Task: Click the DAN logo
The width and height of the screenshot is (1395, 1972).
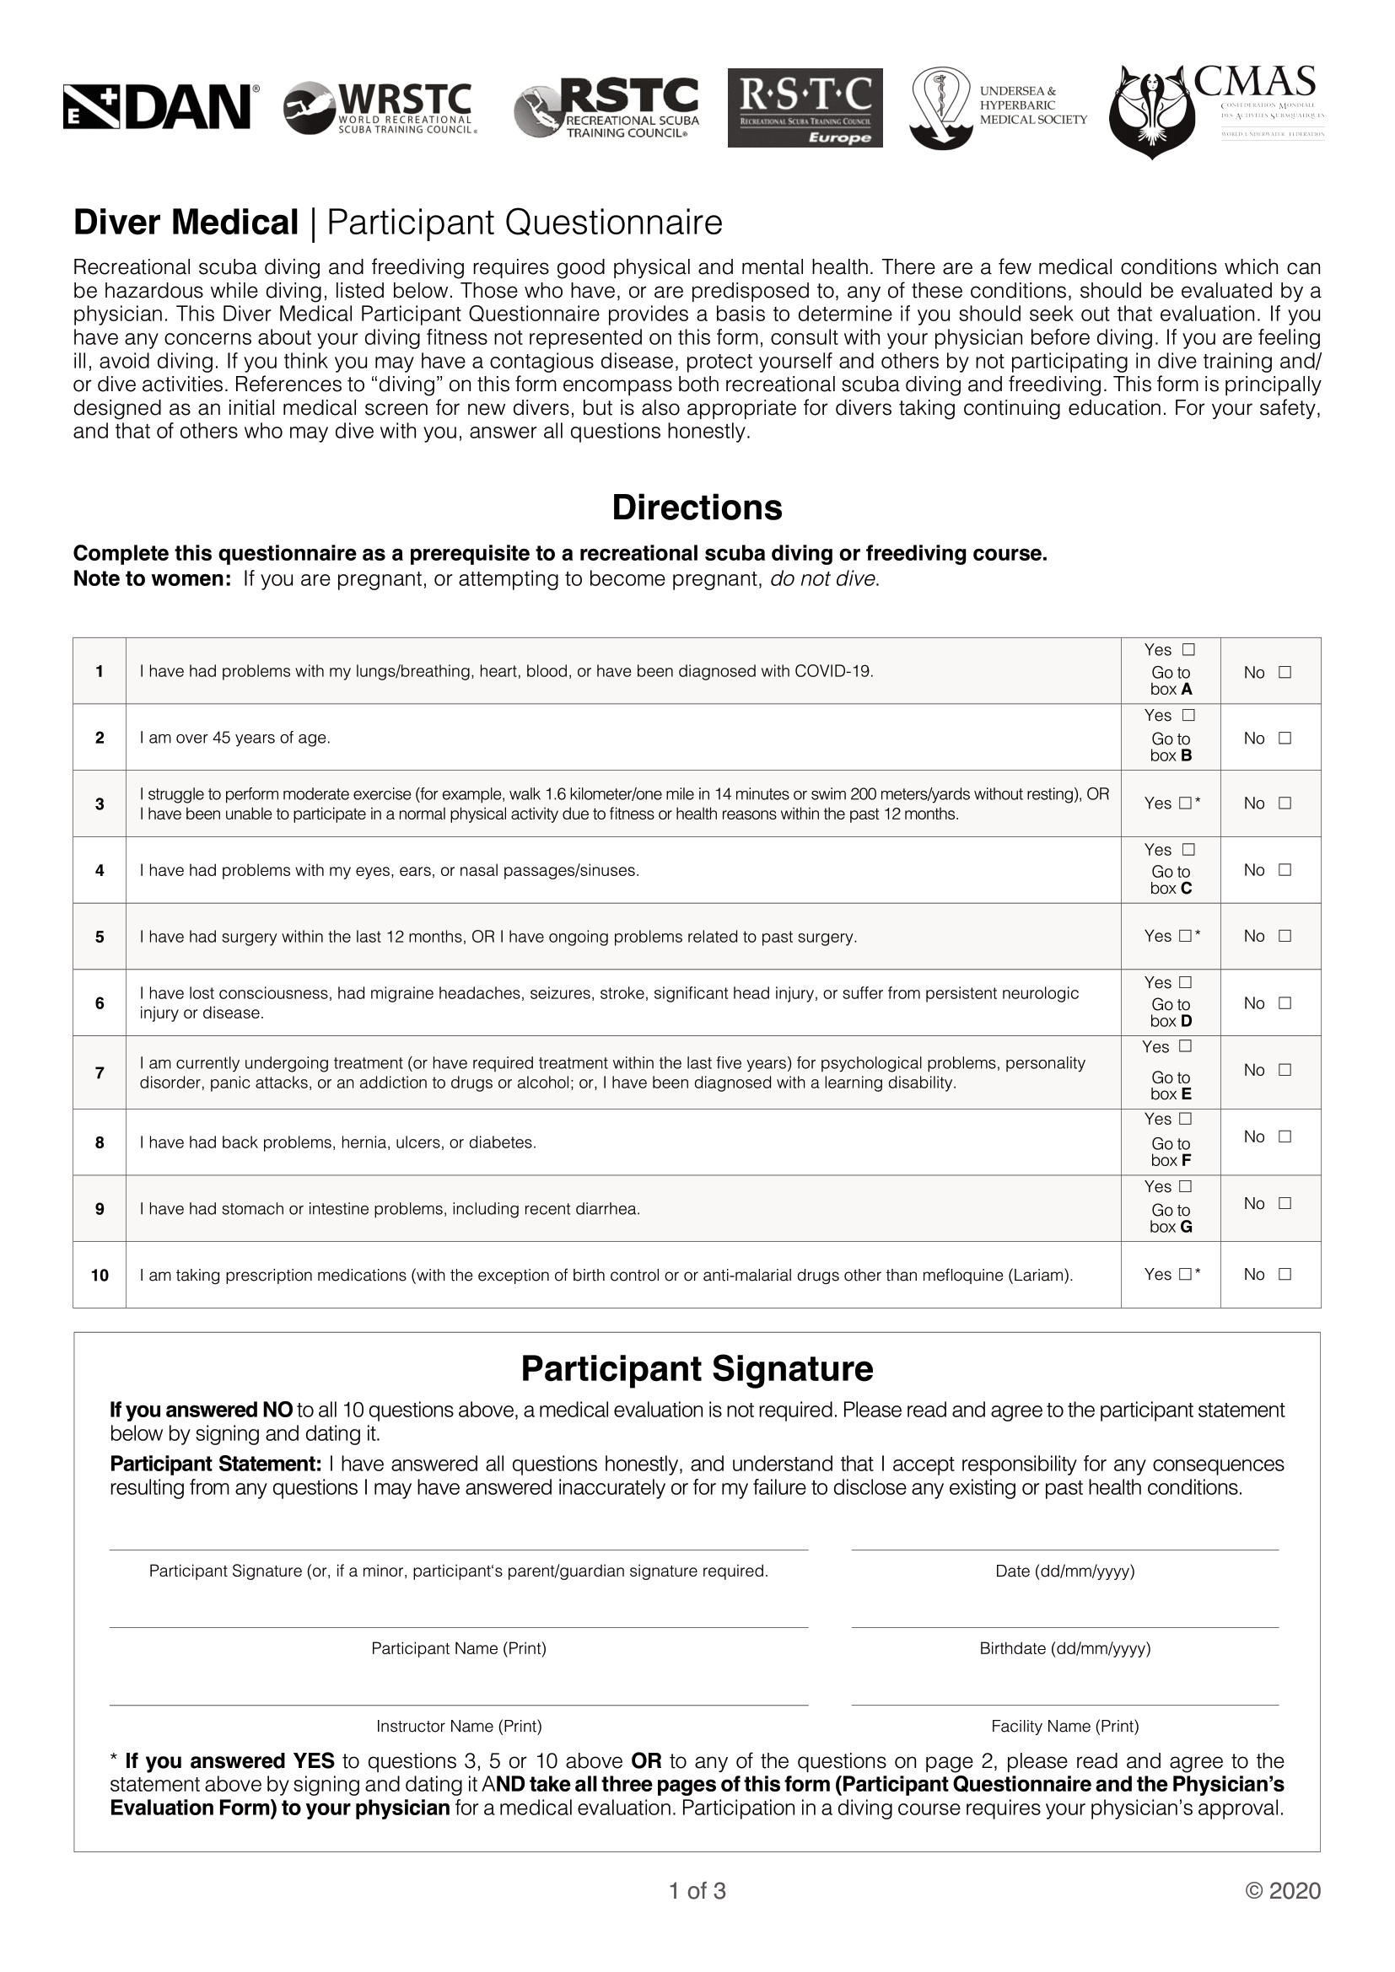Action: coord(161,107)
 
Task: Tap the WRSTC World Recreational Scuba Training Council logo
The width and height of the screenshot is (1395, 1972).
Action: coord(379,108)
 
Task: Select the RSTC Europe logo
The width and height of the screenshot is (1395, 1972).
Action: coord(805,107)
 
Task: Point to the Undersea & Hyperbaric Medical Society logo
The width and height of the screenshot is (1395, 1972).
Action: coord(999,107)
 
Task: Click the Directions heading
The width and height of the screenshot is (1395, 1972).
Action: coord(697,508)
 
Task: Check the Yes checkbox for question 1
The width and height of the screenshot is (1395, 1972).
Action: coord(1189,650)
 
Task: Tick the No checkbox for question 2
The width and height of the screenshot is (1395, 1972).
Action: coord(1285,738)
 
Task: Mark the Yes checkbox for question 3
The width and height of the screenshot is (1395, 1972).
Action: coord(1185,804)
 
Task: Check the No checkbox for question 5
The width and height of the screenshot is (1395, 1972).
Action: coord(1285,936)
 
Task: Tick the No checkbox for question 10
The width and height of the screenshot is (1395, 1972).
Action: coord(1285,1275)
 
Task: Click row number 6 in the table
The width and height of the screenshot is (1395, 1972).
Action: coord(100,1003)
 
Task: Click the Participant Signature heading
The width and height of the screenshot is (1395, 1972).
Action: coord(697,1369)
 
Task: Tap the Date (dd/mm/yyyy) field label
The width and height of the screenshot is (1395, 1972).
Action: coord(1065,1571)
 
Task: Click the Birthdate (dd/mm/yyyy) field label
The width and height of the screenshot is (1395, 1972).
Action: coord(1065,1648)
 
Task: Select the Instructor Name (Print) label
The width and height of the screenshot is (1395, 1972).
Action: coord(459,1727)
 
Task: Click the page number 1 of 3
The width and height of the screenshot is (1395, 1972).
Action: coord(697,1890)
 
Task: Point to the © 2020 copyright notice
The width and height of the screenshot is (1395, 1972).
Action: coord(1284,1890)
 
